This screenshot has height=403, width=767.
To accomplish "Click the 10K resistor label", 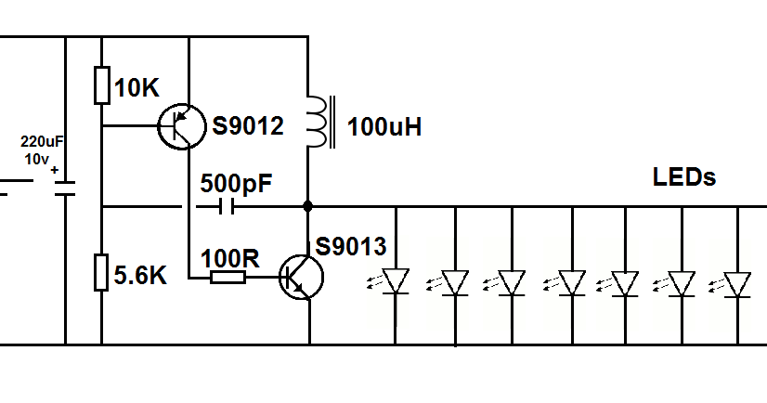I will pyautogui.click(x=136, y=88).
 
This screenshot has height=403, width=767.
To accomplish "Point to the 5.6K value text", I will pyautogui.click(x=140, y=276).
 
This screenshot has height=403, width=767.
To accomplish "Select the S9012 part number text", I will pyautogui.click(x=247, y=126).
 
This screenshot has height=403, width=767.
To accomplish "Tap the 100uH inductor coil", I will pyautogui.click(x=318, y=121).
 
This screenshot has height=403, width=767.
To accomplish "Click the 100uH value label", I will pyautogui.click(x=384, y=127).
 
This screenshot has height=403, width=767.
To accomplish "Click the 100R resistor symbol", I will pyautogui.click(x=227, y=277).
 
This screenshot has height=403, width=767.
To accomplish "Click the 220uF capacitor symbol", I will pyautogui.click(x=65, y=188).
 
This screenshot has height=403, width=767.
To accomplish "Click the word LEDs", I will pyautogui.click(x=684, y=176).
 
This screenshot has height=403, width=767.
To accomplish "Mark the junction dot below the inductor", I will pyautogui.click(x=306, y=206).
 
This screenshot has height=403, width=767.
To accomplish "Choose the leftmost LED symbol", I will pyautogui.click(x=396, y=281).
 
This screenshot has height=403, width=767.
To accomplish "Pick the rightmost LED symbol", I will pyautogui.click(x=738, y=283).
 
